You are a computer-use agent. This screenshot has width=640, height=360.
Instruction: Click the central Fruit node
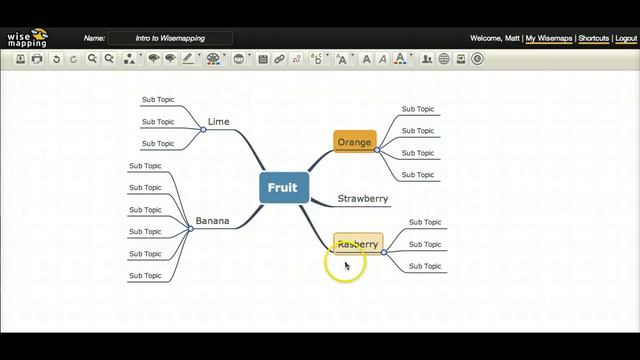[282, 188]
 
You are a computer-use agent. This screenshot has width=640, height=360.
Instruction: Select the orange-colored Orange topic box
[354, 142]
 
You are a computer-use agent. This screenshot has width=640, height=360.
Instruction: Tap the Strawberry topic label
[362, 199]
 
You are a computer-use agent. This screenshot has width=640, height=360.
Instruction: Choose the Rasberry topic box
[357, 244]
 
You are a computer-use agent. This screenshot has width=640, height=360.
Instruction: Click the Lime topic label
[218, 122]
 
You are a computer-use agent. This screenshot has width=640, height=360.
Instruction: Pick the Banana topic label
[212, 221]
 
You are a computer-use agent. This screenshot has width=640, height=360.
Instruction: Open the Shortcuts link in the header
[593, 38]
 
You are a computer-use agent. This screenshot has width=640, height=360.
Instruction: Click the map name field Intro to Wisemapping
[170, 38]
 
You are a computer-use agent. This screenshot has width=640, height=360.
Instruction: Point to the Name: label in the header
[94, 38]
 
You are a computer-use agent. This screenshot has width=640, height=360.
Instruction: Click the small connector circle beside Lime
[203, 129]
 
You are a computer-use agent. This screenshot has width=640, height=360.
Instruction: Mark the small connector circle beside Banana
[190, 228]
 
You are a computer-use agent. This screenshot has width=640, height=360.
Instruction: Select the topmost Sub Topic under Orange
[418, 109]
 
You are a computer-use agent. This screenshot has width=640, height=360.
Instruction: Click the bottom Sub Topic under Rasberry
[425, 266]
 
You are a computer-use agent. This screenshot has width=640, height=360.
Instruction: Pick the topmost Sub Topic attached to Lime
[158, 100]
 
